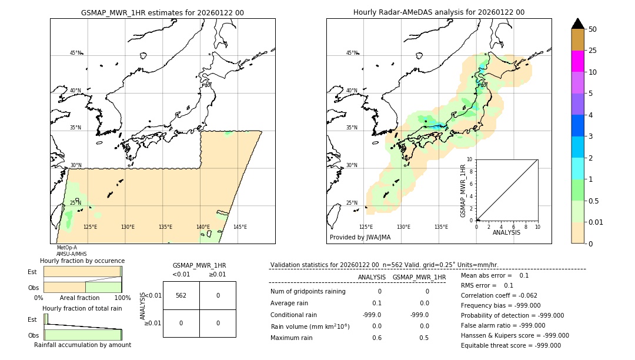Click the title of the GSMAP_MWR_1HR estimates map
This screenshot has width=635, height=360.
162,12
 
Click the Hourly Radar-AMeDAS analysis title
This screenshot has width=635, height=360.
439,12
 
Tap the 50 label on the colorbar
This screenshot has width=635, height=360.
593,29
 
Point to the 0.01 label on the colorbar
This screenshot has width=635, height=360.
596,222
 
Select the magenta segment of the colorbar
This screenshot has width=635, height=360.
578,61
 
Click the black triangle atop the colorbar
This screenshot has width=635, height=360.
578,24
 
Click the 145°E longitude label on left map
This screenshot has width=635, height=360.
240,227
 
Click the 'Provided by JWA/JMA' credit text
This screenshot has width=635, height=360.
360,238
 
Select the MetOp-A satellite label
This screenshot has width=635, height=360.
66,248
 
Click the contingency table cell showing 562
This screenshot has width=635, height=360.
181,295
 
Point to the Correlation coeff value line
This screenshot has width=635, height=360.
499,296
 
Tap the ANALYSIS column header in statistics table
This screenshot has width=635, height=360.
372,277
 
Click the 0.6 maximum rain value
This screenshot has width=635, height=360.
376,338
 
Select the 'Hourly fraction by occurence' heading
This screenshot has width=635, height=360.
82,261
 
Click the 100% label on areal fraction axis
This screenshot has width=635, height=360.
122,298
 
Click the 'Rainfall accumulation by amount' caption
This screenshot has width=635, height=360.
82,345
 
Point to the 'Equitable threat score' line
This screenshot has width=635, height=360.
511,346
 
